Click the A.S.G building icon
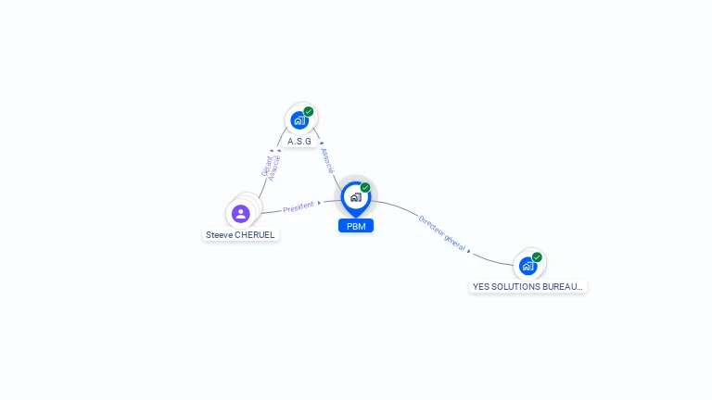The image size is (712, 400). [299, 120]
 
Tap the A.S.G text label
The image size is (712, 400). [299, 142]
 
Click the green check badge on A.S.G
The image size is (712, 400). [309, 112]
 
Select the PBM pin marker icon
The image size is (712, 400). [355, 197]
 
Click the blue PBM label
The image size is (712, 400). [356, 226]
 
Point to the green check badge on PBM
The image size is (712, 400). [365, 188]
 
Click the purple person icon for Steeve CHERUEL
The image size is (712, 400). [241, 214]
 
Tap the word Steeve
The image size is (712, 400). [220, 235]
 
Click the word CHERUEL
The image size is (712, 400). [255, 235]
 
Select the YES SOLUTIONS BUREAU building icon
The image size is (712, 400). [528, 266]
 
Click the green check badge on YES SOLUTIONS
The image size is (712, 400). [537, 257]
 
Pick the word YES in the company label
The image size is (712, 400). [481, 287]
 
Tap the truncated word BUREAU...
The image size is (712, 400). [564, 287]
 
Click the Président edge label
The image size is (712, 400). [299, 206]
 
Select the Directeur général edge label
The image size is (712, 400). [442, 232]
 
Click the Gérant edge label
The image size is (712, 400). [266, 167]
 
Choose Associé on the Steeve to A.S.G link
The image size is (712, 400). [274, 167]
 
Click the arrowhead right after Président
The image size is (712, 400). [319, 203]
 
